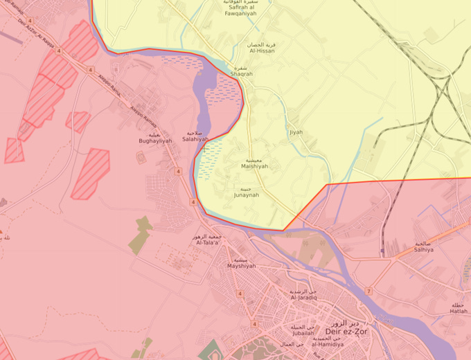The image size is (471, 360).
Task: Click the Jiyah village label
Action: point(295,132)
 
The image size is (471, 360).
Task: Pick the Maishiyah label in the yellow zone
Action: point(254,166)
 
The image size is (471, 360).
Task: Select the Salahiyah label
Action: point(194,139)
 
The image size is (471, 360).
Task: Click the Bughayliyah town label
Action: point(154,139)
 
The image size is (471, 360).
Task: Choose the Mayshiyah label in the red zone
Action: point(242,265)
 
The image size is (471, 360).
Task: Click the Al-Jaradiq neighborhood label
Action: point(303,300)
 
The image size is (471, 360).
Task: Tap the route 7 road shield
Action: point(369,291)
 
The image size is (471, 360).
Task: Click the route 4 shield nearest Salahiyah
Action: point(178,171)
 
